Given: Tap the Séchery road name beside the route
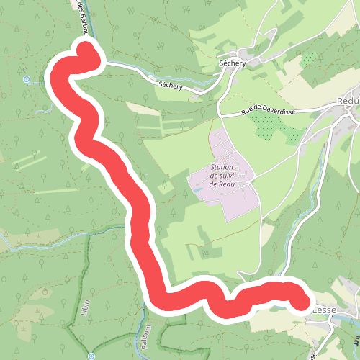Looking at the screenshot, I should (x=171, y=86).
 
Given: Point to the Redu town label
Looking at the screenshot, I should (x=348, y=102).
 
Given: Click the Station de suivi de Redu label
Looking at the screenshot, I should (x=223, y=175).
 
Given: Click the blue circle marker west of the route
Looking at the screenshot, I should (x=27, y=79).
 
